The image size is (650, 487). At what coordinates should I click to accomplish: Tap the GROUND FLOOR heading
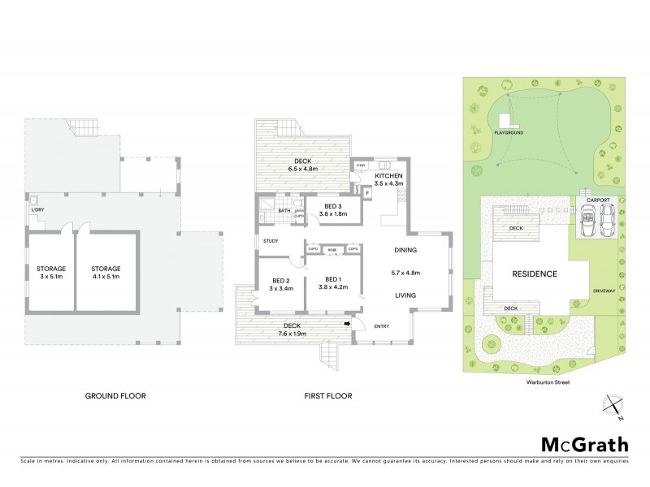pyautogui.click(x=121, y=396)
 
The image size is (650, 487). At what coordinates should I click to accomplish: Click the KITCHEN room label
pyautogui.click(x=387, y=177)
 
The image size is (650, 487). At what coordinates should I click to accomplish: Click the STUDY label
pyautogui.click(x=271, y=241)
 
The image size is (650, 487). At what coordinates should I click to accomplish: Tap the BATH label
pyautogui.click(x=284, y=211)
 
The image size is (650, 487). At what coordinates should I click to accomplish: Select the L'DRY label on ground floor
pyautogui.click(x=37, y=211)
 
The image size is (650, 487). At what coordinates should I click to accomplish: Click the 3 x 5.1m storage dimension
pyautogui.click(x=50, y=276)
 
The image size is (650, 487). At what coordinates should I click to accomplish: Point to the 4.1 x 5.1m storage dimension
pyautogui.click(x=106, y=276)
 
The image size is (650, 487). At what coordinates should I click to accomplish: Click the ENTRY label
pyautogui.click(x=381, y=326)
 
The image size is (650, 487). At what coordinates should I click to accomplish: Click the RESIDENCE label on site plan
pyautogui.click(x=534, y=274)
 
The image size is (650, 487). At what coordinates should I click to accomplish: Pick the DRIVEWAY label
pyautogui.click(x=603, y=289)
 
